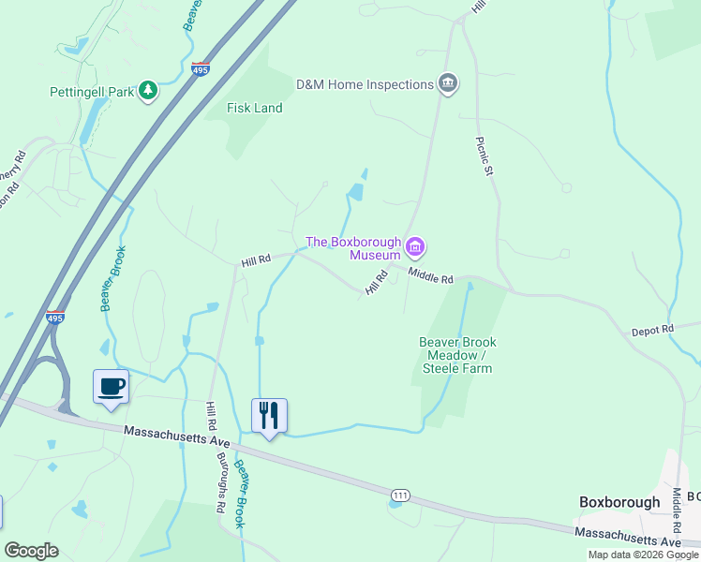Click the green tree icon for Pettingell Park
[147, 90]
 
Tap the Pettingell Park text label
[94, 92]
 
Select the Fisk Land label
[255, 108]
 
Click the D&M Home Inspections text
[365, 84]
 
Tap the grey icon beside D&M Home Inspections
[449, 84]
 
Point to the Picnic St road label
[485, 156]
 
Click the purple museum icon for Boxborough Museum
[415, 247]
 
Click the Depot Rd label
[652, 330]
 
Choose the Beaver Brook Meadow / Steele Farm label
[457, 355]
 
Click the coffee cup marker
[111, 387]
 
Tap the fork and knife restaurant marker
[269, 415]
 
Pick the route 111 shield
[399, 493]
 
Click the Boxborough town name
[619, 502]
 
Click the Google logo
[31, 550]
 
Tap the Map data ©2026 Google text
[643, 555]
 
